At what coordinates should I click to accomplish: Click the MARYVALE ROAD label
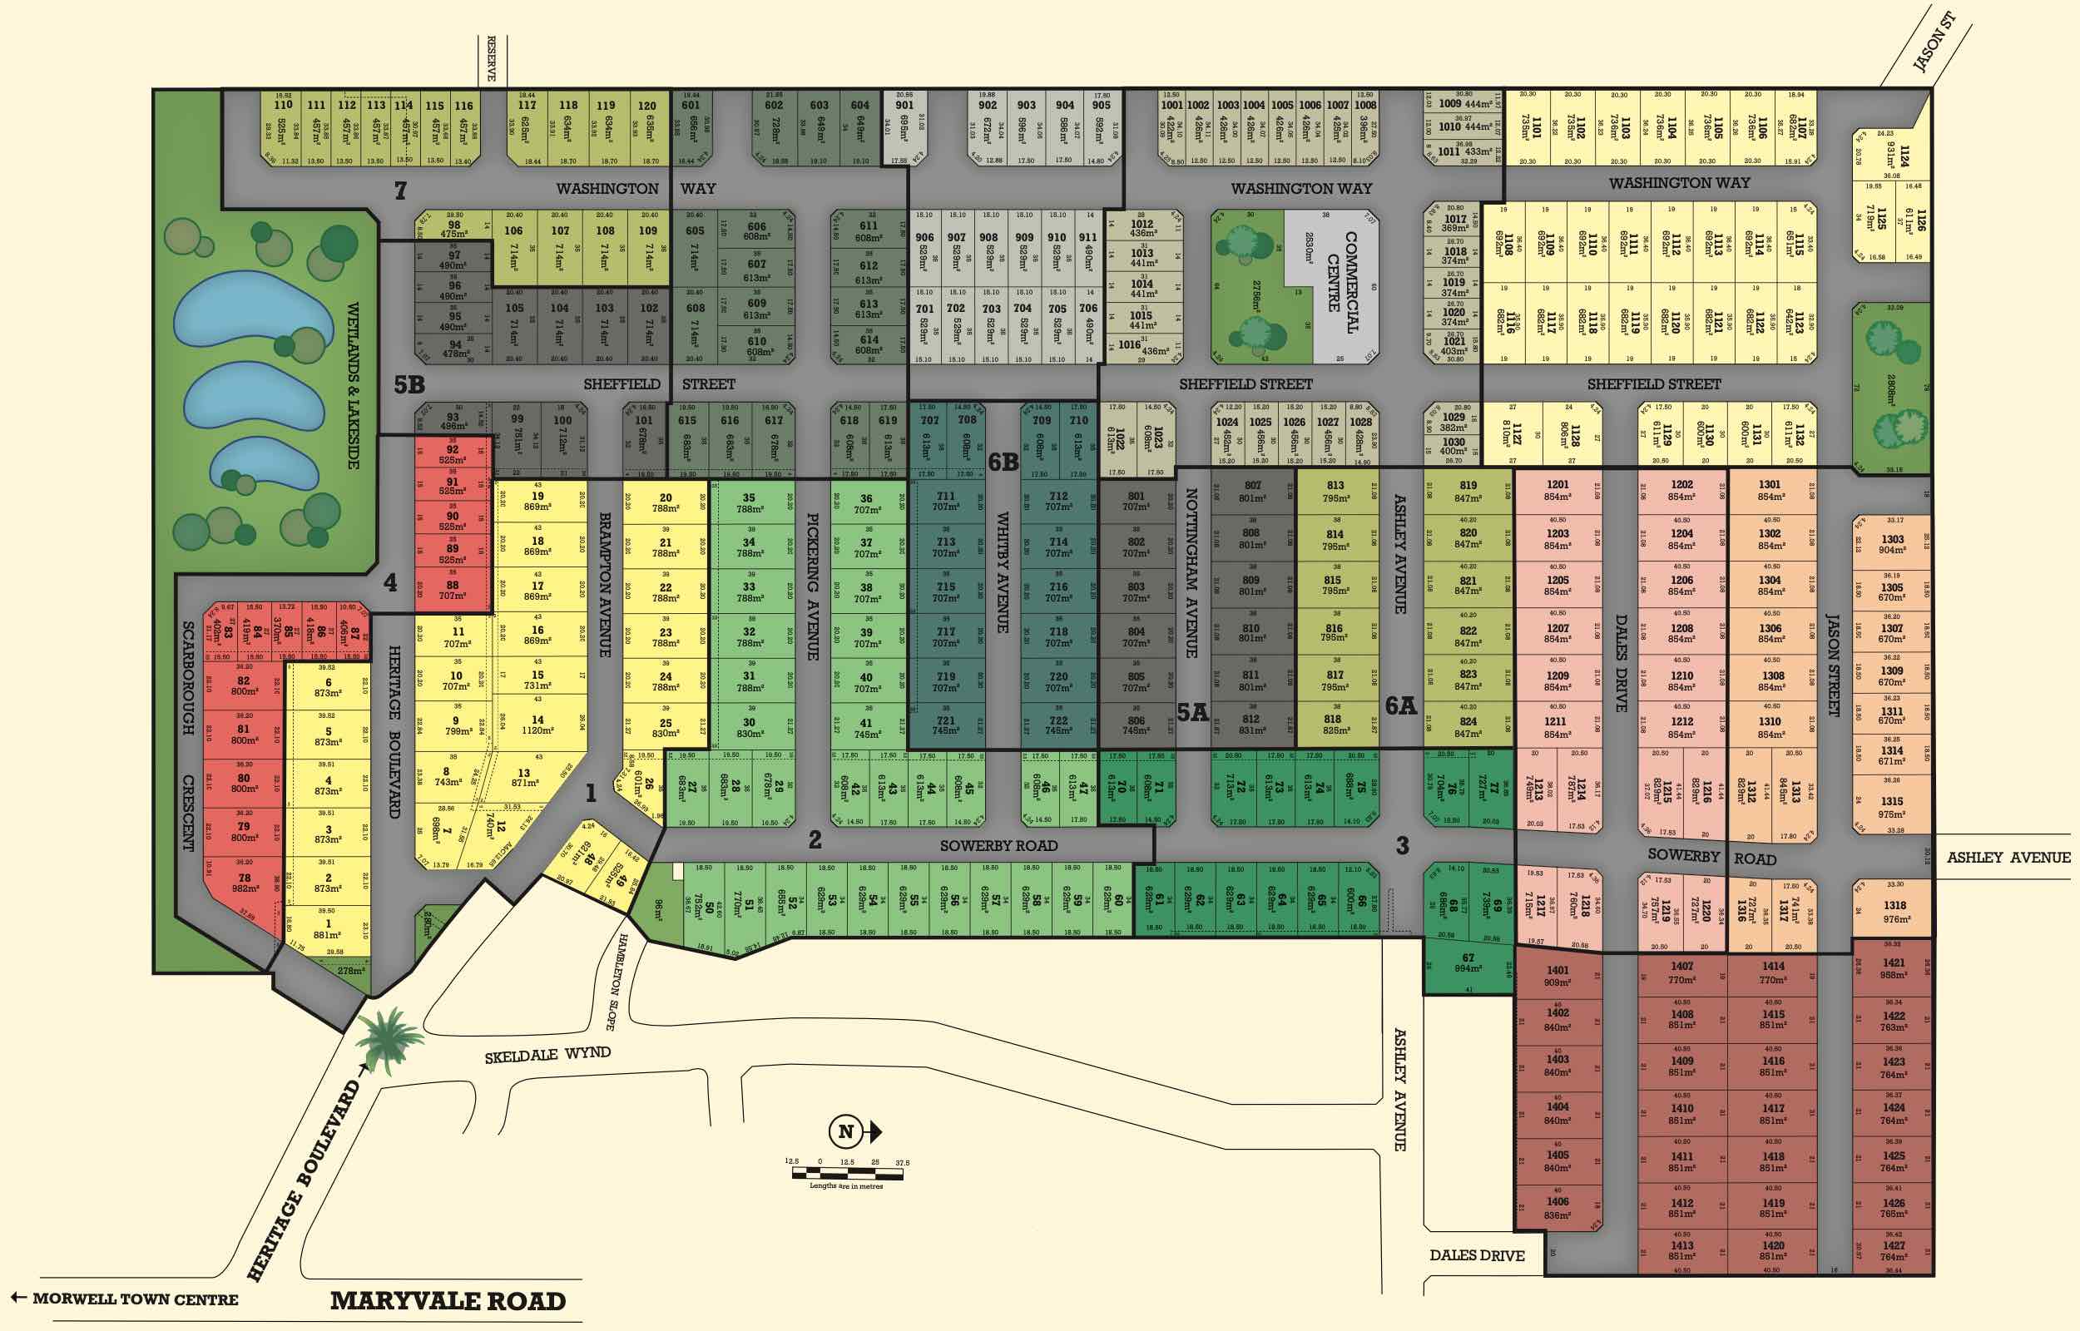click(448, 1301)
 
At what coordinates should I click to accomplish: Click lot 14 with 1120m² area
click(537, 725)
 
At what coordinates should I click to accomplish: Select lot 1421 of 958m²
click(1893, 968)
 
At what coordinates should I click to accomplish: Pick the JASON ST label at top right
click(1933, 42)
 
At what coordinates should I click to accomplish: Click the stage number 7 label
click(400, 190)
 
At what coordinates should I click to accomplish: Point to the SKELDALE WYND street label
click(547, 1056)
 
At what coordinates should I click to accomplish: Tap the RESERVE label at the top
click(491, 59)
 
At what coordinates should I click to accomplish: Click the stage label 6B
click(1003, 463)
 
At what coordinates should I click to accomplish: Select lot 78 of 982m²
click(245, 883)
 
